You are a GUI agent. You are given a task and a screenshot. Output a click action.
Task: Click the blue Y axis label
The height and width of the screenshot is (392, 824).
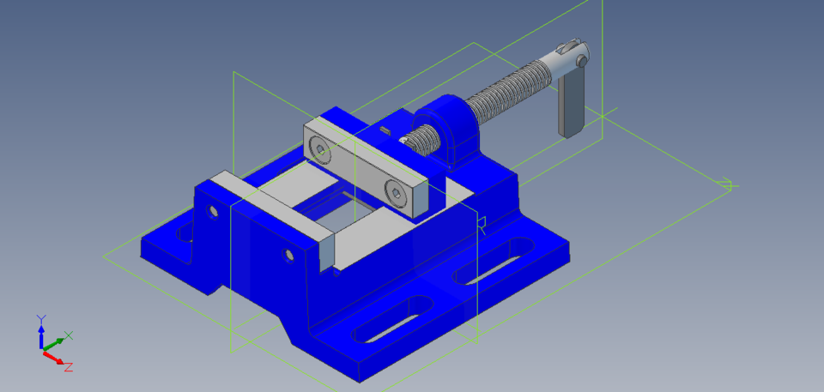[x=40, y=319]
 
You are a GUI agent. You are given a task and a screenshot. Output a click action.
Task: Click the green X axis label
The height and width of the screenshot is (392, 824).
[x=69, y=335]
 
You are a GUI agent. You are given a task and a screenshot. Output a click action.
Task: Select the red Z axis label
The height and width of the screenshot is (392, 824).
[x=68, y=367]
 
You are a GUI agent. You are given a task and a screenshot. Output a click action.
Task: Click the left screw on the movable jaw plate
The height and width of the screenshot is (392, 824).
[x=320, y=151]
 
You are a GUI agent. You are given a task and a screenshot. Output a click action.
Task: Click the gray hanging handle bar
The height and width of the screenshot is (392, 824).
[x=570, y=103]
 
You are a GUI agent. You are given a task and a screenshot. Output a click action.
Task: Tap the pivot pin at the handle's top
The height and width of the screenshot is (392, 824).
[x=582, y=61]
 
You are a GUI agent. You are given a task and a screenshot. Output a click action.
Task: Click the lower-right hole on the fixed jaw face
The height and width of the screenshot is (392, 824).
[x=286, y=255]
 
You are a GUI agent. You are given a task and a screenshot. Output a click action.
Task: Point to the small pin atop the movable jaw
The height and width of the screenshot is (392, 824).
[x=385, y=130]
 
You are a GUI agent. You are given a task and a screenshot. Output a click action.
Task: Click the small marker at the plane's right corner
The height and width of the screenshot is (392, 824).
[x=727, y=184]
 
